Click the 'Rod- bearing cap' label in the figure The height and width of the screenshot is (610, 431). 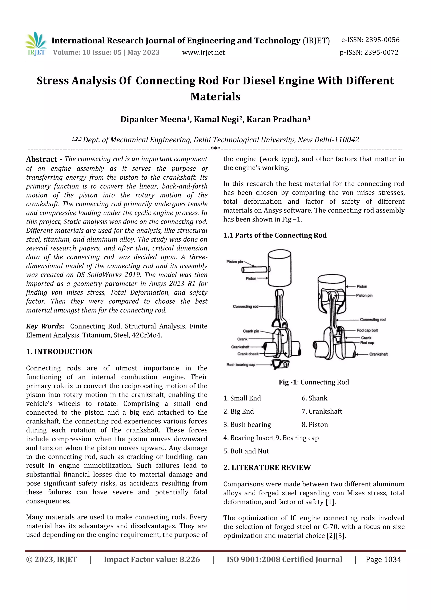click(x=241, y=364)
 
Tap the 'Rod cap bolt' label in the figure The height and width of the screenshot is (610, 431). click(x=367, y=330)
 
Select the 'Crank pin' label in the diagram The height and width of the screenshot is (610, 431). click(x=251, y=331)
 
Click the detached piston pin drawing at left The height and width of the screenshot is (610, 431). click(x=254, y=270)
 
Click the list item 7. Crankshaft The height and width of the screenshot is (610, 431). click(x=322, y=411)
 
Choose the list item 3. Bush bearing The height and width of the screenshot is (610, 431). click(x=247, y=424)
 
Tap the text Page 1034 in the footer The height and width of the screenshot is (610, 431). click(x=383, y=559)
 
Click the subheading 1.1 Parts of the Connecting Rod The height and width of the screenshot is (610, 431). click(x=275, y=235)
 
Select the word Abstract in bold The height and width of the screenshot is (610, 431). click(x=41, y=159)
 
